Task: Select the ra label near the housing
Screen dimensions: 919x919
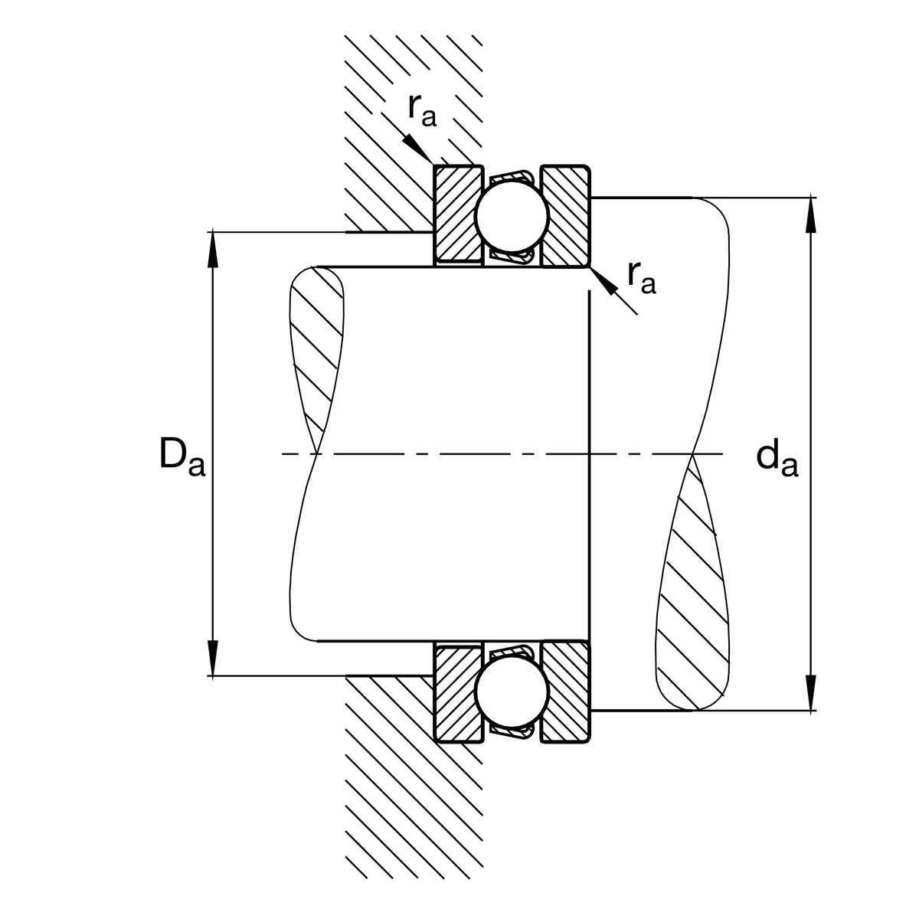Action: [422, 110]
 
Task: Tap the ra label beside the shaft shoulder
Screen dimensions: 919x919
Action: [642, 276]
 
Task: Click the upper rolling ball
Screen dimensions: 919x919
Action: [512, 216]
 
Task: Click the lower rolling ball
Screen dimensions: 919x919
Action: [512, 692]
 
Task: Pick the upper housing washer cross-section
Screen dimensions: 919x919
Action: [459, 215]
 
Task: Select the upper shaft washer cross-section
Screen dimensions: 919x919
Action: [566, 216]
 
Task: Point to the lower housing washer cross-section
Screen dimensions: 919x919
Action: [459, 692]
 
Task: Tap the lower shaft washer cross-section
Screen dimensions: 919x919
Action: [566, 692]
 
